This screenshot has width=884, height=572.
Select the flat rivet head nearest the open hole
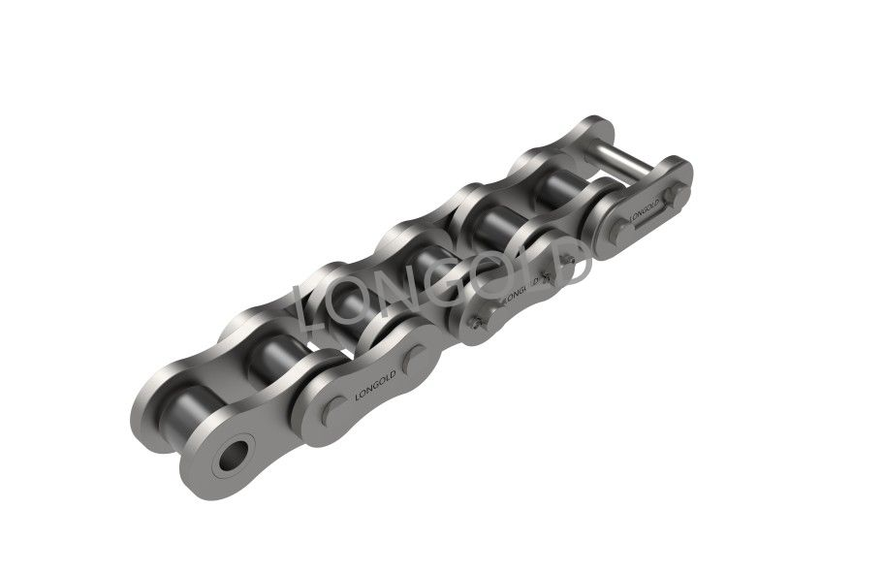pos(334,410)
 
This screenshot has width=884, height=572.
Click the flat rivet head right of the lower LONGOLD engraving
pos(416,360)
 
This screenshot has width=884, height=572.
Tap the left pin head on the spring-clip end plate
pos(620,230)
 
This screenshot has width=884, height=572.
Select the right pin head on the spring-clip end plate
pos(674,195)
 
